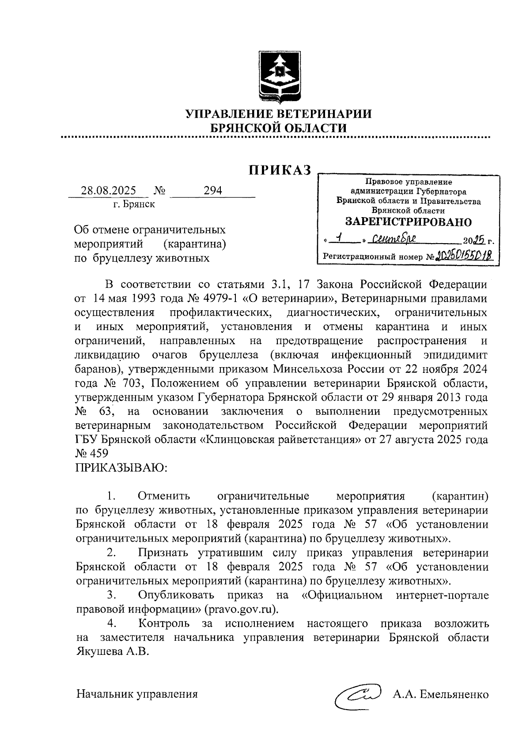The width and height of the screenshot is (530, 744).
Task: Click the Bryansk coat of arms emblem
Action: pyautogui.click(x=279, y=76)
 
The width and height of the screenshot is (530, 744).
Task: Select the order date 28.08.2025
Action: pyautogui.click(x=108, y=191)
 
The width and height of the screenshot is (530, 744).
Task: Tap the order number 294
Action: pyautogui.click(x=212, y=190)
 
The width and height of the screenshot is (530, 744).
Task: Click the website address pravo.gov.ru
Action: pyautogui.click(x=241, y=610)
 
